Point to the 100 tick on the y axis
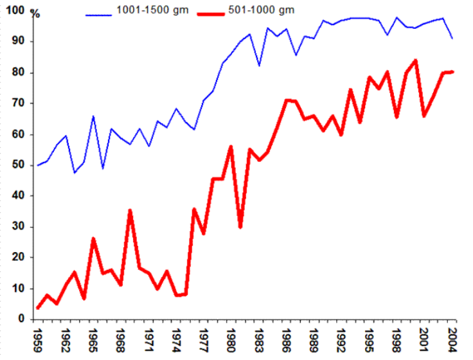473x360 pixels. pyautogui.click(x=13, y=10)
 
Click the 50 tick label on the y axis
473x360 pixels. pyautogui.click(x=17, y=165)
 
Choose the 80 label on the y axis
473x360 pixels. pyautogui.click(x=17, y=72)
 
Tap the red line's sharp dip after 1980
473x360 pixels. pyautogui.click(x=240, y=226)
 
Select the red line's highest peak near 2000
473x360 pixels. pyautogui.click(x=415, y=60)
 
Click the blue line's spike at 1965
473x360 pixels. pyautogui.click(x=93, y=116)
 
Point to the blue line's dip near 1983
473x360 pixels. pyautogui.click(x=258, y=66)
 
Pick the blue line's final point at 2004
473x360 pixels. pyautogui.click(x=452, y=39)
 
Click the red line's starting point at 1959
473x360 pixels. pyautogui.click(x=38, y=308)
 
